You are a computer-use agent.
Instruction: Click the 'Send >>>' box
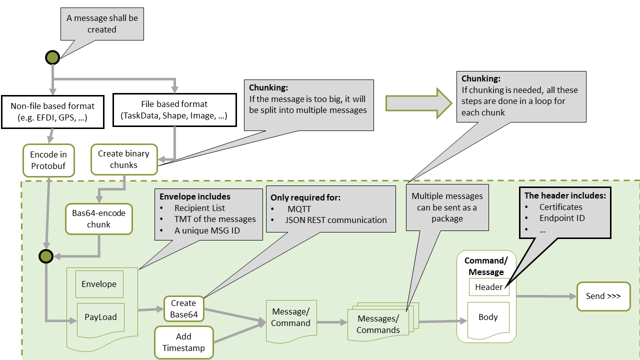tap(603, 296)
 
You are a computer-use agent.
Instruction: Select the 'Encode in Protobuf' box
tap(48, 160)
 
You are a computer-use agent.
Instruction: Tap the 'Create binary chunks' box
tap(123, 159)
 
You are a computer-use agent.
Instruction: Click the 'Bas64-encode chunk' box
tap(98, 219)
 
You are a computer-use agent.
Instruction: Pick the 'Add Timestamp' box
tap(183, 342)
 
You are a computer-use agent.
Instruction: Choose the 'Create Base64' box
tap(183, 309)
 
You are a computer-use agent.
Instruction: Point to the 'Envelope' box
tap(99, 284)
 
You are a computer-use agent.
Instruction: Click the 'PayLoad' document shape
tap(100, 317)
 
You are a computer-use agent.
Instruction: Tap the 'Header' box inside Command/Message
tap(488, 287)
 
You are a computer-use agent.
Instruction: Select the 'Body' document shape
tap(488, 318)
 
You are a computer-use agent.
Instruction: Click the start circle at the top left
tap(52, 57)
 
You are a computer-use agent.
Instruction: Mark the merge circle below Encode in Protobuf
tap(46, 256)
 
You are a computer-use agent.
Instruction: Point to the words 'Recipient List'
tap(199, 208)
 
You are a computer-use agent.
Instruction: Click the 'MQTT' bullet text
tap(299, 209)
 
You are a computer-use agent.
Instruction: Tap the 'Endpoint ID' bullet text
tap(562, 218)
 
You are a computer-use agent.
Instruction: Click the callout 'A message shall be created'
tap(102, 24)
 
